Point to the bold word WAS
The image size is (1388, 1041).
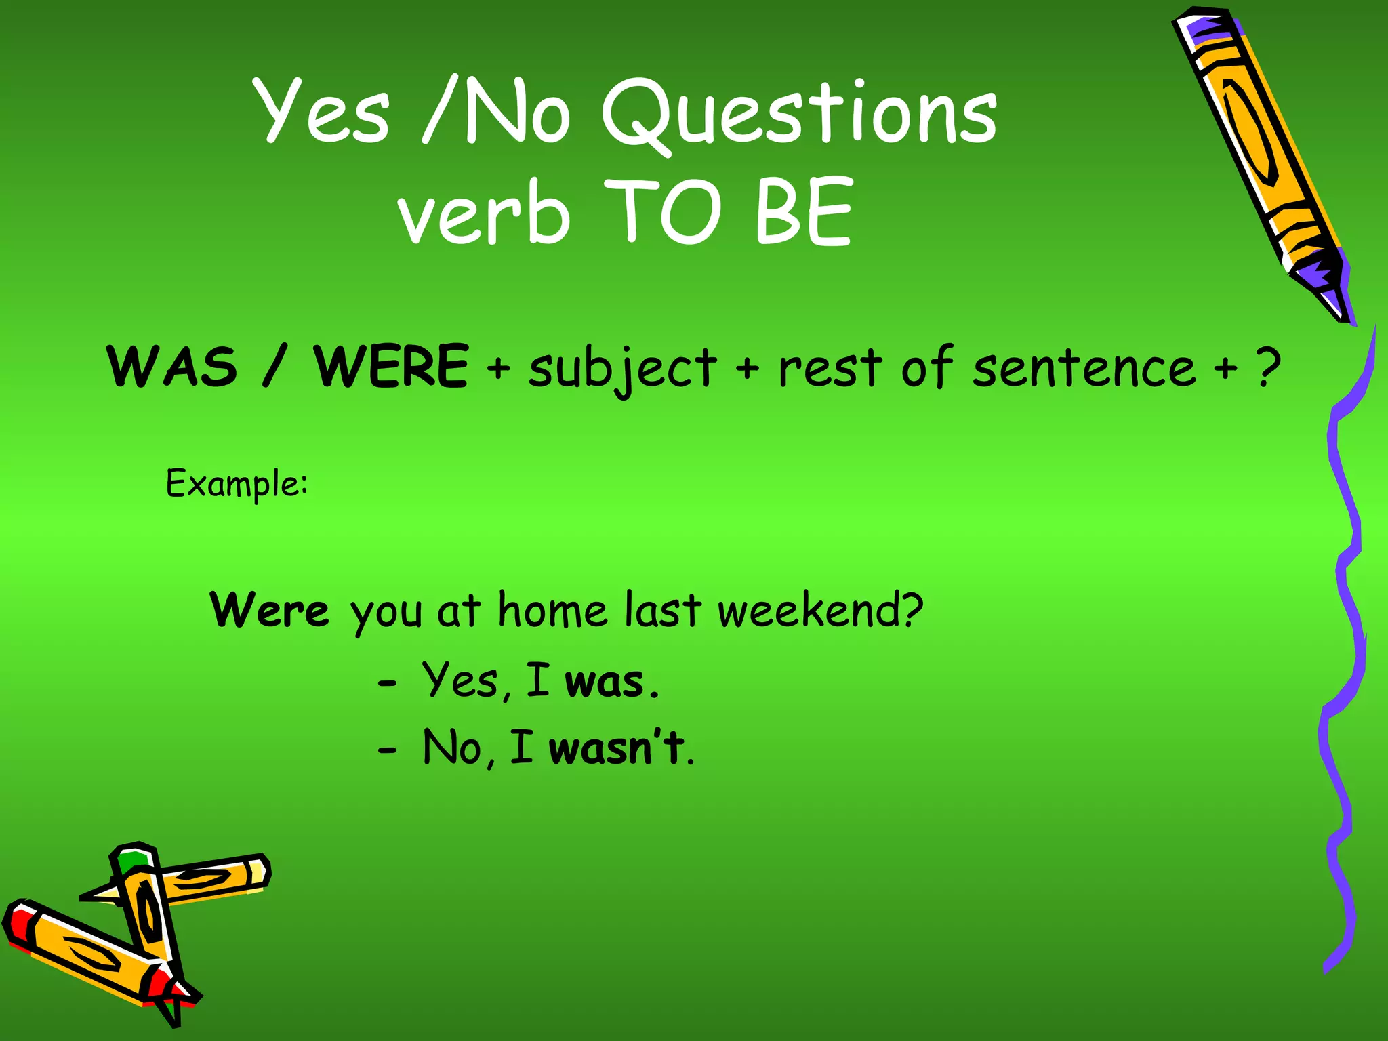point(172,367)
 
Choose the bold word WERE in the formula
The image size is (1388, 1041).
point(391,367)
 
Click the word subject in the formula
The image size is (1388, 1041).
point(622,369)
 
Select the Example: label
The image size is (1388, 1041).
point(237,484)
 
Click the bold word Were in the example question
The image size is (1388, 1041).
point(270,610)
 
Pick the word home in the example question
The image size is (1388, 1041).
point(552,610)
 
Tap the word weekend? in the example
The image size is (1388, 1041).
point(820,610)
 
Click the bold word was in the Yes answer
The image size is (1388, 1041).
point(605,682)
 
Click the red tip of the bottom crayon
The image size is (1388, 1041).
point(163,983)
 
